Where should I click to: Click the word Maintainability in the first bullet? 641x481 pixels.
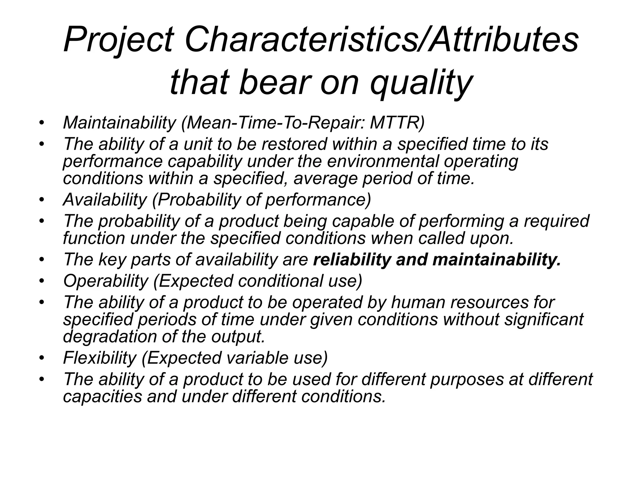point(119,122)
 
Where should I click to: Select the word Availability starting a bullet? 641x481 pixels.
point(105,199)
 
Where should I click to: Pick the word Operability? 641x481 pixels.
point(105,281)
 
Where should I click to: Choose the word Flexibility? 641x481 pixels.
point(100,357)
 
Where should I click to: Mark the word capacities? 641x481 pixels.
point(102,396)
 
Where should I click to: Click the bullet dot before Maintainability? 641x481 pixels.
point(41,123)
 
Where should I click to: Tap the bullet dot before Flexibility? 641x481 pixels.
point(41,358)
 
